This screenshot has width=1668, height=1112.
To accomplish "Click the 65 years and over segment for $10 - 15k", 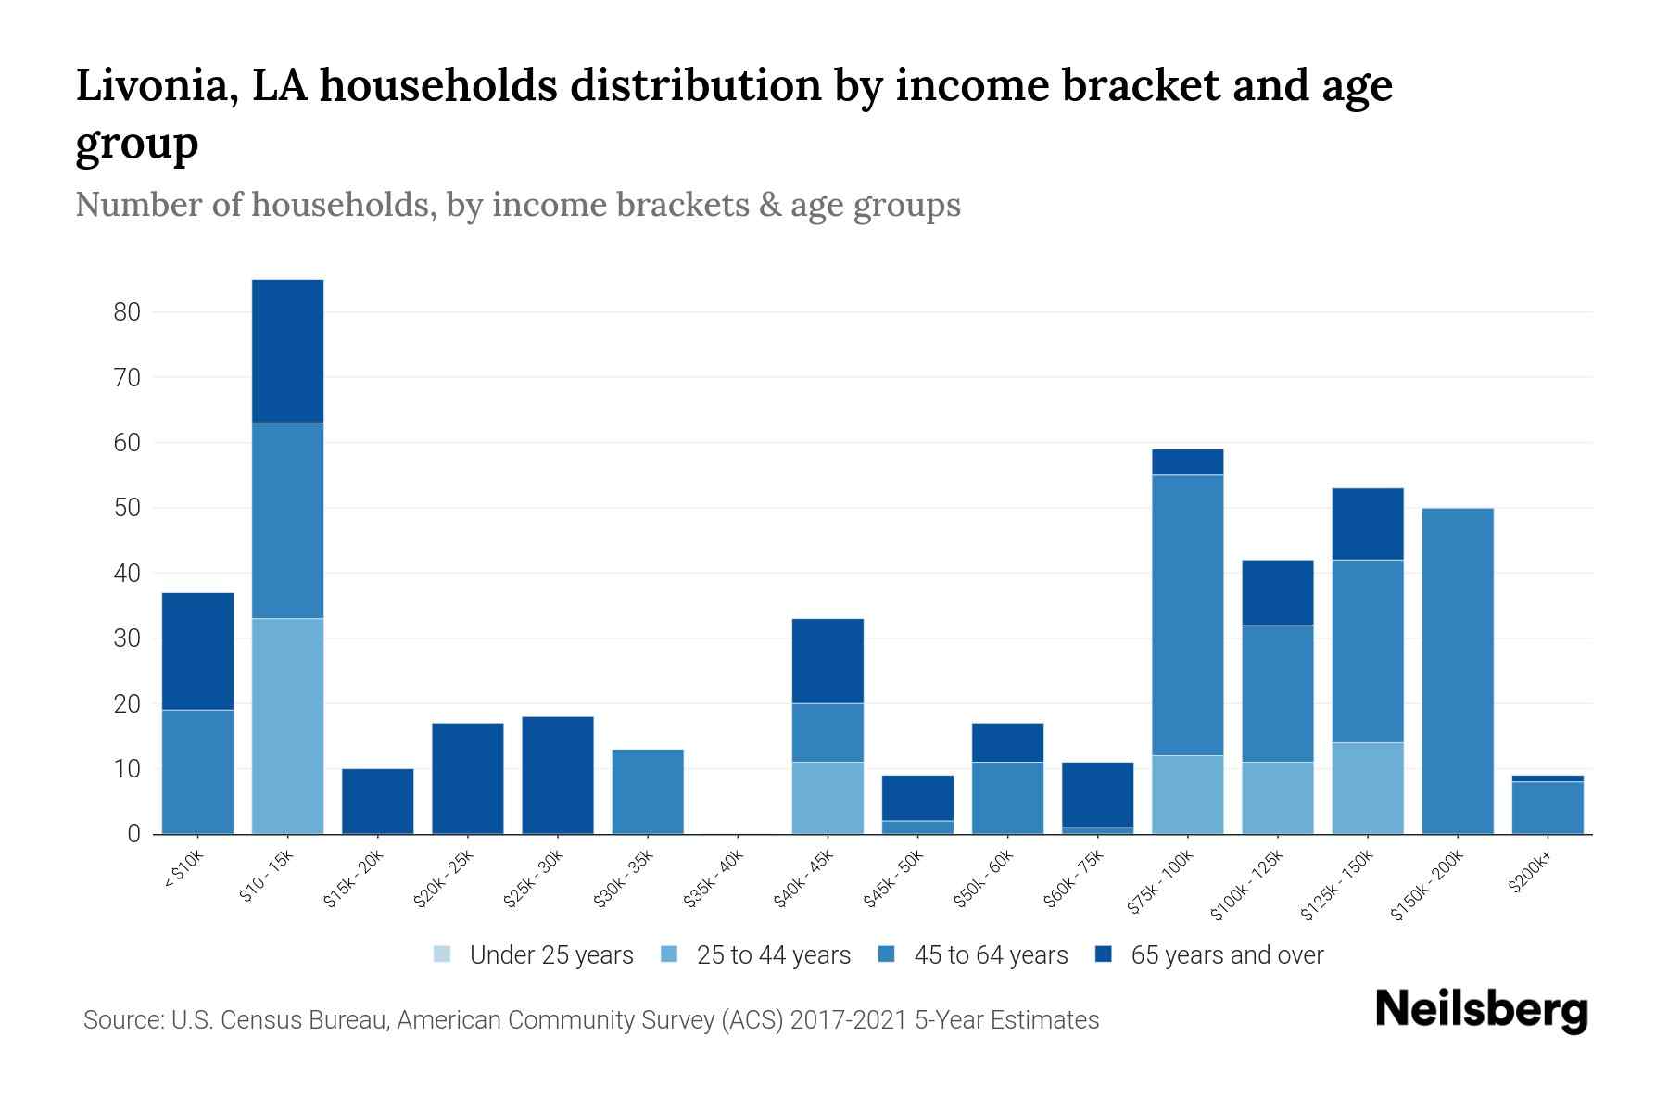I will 287,351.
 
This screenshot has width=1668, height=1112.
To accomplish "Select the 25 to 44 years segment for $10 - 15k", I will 287,726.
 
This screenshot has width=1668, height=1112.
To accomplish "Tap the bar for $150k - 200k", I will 1458,671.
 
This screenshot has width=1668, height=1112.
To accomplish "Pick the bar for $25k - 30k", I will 558,775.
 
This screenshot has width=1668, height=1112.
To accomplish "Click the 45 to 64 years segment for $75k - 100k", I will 1187,615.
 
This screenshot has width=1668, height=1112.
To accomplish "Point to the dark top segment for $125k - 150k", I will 1367,524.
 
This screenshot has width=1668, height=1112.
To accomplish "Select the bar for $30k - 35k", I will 648,791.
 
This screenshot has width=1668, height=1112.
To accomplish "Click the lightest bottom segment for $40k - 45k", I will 828,798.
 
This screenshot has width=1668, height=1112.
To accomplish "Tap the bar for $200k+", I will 1548,807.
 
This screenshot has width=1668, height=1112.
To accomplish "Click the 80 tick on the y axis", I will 127,312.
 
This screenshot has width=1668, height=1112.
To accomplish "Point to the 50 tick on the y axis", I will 127,508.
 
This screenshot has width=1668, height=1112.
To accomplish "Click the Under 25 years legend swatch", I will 442,954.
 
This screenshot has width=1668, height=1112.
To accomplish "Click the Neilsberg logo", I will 1481,1010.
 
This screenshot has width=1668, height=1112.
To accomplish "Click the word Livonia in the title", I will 144,85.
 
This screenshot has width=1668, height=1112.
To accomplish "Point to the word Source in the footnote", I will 120,1020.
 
